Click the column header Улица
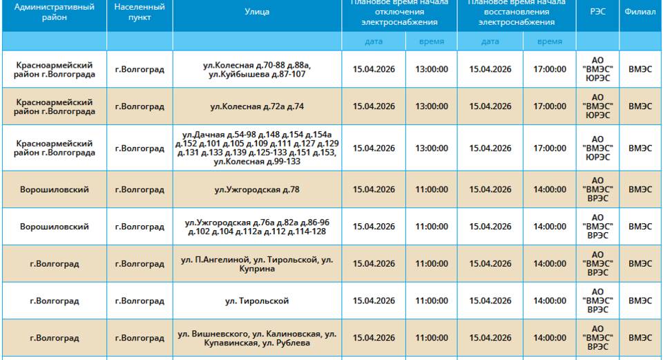257,12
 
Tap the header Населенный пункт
140,12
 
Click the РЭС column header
597,12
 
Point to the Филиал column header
640,12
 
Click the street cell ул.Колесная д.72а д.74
257,106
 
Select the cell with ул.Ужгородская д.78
257,189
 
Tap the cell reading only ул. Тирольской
257,301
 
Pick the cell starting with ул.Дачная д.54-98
257,148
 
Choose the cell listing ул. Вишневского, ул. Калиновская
257,338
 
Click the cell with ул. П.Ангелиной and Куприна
257,263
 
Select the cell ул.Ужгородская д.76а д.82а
257,227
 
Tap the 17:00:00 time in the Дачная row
549,148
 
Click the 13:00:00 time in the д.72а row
432,106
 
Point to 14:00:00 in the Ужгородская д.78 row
549,189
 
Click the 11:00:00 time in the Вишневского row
432,338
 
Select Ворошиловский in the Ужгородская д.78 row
54,189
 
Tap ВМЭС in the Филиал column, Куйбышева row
640,69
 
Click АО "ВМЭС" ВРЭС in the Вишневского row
597,338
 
